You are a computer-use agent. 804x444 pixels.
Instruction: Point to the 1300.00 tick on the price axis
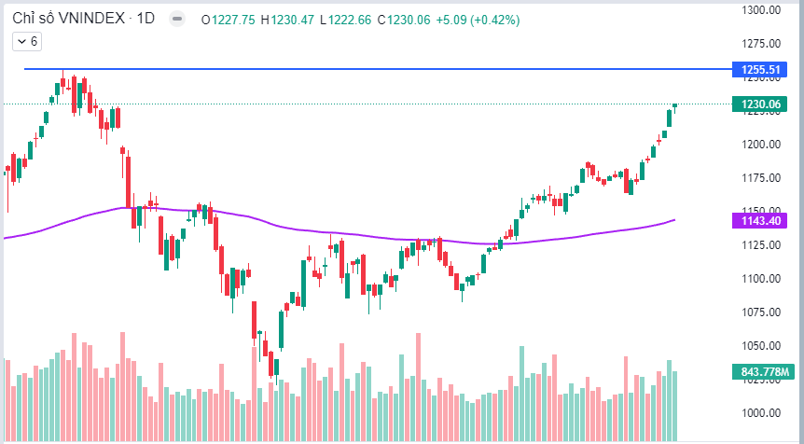(x=761, y=9)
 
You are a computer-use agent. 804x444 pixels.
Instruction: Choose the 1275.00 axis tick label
(x=761, y=43)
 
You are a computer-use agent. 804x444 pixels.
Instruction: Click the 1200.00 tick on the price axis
(x=761, y=144)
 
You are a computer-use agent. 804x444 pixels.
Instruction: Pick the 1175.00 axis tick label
(x=761, y=177)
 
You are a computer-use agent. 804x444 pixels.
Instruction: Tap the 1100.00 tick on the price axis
(x=761, y=278)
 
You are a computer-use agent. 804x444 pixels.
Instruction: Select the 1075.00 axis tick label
(x=761, y=312)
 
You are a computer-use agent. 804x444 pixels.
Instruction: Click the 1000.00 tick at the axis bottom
(x=761, y=412)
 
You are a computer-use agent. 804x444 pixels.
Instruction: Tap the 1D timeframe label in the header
(x=146, y=18)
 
